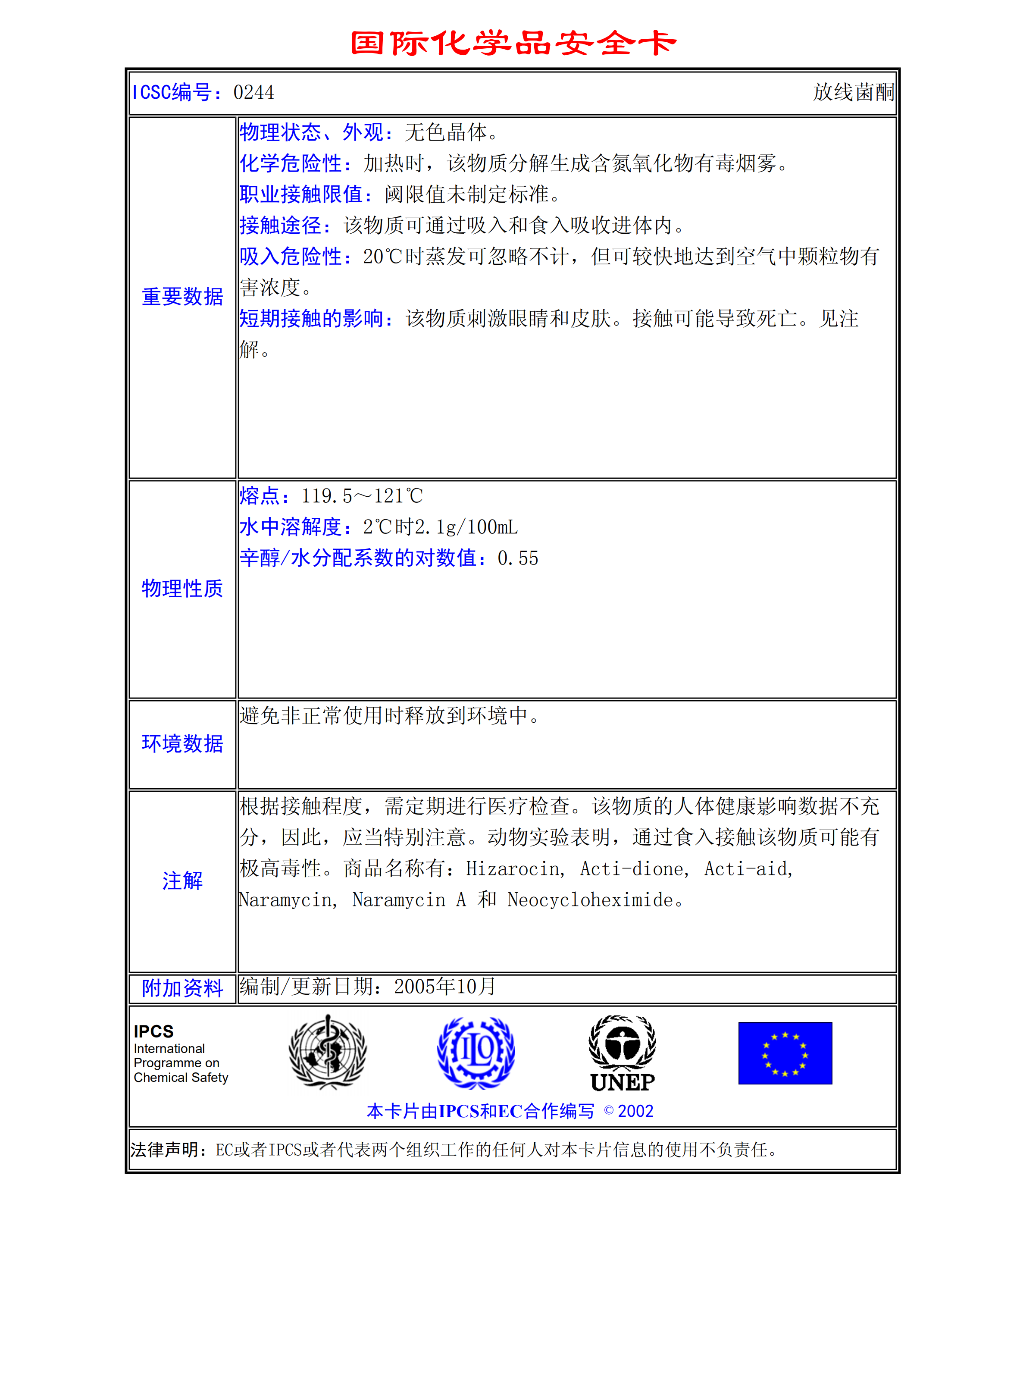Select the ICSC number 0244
254,93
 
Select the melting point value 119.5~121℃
362,496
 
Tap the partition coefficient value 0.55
518,558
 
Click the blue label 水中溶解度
291,527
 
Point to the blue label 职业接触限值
301,194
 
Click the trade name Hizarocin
514,869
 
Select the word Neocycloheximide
590,900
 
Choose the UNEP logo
623,1053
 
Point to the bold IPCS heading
154,1031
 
